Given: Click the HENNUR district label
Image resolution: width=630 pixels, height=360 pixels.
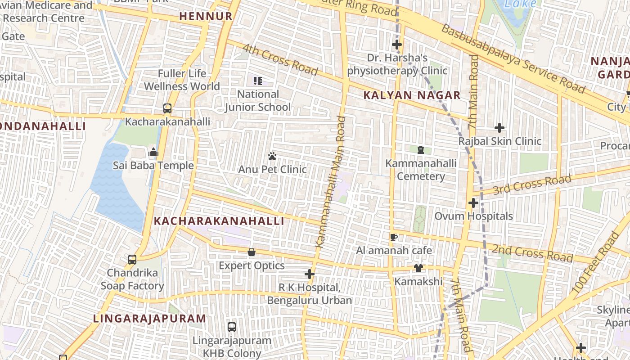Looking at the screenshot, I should pyautogui.click(x=206, y=17).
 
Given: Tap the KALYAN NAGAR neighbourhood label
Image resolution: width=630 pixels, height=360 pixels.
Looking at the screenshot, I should pyautogui.click(x=412, y=95).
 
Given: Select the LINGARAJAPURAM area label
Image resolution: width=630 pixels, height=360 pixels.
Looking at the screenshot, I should pyautogui.click(x=149, y=319).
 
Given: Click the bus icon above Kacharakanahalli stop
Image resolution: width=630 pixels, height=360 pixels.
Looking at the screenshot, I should pyautogui.click(x=167, y=108).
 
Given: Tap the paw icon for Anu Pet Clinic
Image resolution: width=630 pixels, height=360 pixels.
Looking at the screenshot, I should pyautogui.click(x=272, y=157).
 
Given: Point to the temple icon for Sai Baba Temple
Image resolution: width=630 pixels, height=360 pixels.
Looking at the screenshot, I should pyautogui.click(x=153, y=152).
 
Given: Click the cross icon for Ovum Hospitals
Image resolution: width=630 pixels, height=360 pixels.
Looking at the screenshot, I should pyautogui.click(x=473, y=203).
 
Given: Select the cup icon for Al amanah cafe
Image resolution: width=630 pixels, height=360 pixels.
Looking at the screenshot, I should pyautogui.click(x=394, y=237).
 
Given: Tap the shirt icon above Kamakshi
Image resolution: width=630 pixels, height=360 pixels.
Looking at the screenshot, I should pyautogui.click(x=418, y=268).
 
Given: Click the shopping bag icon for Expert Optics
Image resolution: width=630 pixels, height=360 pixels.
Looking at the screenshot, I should pyautogui.click(x=252, y=252).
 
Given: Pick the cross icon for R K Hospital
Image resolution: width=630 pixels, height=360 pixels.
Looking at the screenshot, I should pyautogui.click(x=310, y=274).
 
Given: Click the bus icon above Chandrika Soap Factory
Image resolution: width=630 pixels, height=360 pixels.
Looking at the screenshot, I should pyautogui.click(x=132, y=260).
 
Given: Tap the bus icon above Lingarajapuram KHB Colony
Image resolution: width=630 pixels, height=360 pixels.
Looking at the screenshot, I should pyautogui.click(x=232, y=327).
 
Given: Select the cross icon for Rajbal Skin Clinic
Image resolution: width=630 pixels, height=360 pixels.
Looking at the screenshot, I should pyautogui.click(x=499, y=128).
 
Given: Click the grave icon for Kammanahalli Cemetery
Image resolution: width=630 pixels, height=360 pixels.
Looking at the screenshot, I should pyautogui.click(x=421, y=149).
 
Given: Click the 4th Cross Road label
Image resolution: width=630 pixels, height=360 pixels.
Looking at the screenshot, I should pyautogui.click(x=280, y=59).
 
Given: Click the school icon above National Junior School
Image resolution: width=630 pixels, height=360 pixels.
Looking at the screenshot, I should pyautogui.click(x=258, y=81).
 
